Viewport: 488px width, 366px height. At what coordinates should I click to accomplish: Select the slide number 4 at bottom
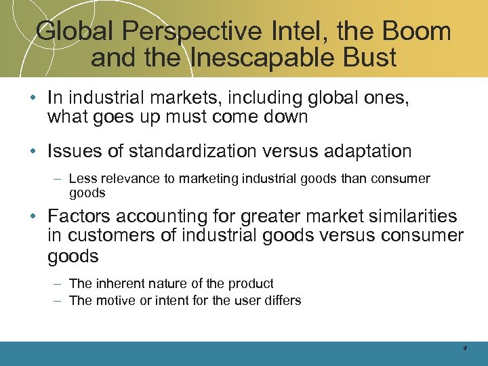(x=465, y=348)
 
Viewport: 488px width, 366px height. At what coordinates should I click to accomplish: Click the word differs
(x=282, y=300)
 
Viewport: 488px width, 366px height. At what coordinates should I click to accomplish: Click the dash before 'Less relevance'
(x=58, y=179)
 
